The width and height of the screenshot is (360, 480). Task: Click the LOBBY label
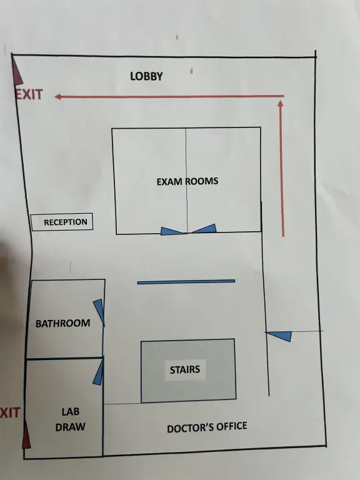146,76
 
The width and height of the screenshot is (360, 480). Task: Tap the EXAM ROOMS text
187,181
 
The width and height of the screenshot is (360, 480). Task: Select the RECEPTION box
62,222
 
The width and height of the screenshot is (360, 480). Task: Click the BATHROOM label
62,323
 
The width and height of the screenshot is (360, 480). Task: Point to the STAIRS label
185,369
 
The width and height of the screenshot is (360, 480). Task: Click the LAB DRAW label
71,419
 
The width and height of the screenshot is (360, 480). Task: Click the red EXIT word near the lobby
29,94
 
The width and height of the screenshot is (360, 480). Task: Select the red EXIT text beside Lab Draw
10,412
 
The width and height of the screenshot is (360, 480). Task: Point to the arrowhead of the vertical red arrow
281,104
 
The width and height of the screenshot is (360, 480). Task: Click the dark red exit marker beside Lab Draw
26,434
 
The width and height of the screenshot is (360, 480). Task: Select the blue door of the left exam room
172,231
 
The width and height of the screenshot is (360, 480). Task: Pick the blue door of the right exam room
203,229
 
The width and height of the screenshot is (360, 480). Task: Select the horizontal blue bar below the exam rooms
186,282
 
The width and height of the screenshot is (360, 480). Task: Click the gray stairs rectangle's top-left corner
141,342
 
